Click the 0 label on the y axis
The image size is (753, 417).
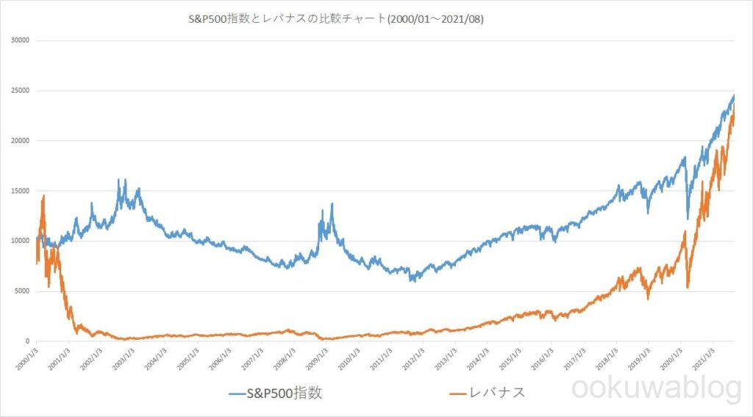(x=26, y=341)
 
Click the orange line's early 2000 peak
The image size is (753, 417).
(x=43, y=196)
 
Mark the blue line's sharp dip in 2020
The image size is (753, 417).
(x=688, y=218)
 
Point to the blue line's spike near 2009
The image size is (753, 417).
(x=332, y=204)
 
